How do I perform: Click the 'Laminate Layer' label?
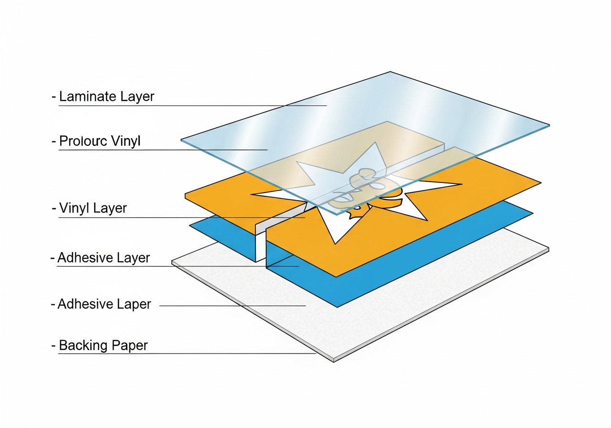106,96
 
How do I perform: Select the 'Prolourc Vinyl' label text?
100,141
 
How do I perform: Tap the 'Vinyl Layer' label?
93,208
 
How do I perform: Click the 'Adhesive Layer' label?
104,258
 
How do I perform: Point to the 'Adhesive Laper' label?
104,304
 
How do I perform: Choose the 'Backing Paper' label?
103,345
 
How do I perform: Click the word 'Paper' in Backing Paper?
129,345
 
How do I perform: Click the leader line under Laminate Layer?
191,106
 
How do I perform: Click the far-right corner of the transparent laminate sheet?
549,126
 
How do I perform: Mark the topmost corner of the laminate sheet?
390,72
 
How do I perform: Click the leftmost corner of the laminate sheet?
181,140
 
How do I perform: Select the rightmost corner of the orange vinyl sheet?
540,183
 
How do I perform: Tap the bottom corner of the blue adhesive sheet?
337,307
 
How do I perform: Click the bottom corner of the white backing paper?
333,361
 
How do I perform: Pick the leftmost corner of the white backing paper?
172,263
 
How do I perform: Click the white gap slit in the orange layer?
261,244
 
